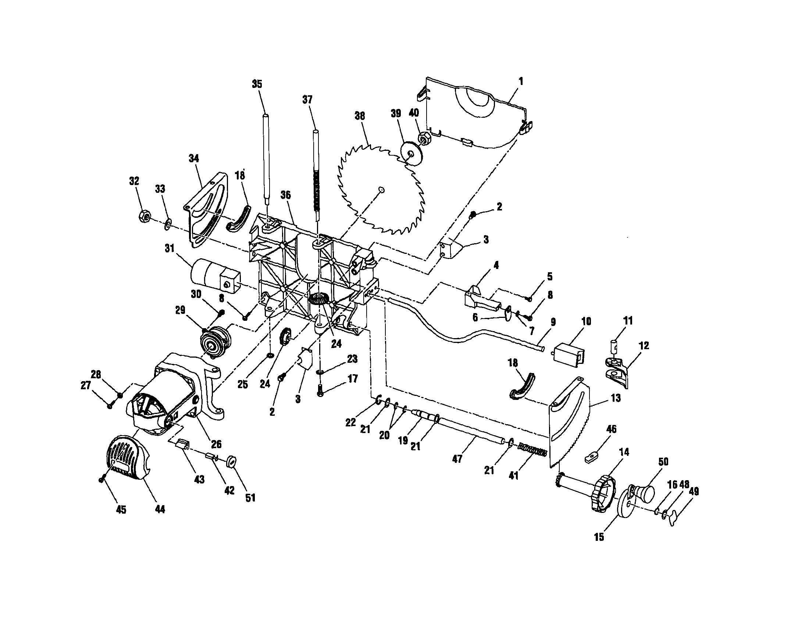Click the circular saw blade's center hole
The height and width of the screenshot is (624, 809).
[382, 190]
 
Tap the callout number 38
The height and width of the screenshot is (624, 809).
[359, 116]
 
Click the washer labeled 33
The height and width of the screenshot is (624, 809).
[167, 223]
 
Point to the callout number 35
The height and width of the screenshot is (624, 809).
[257, 84]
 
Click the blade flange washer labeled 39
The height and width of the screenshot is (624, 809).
[410, 153]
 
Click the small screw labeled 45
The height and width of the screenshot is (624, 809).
[101, 480]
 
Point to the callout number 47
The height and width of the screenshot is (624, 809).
[457, 459]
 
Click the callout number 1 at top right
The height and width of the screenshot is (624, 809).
[520, 81]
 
